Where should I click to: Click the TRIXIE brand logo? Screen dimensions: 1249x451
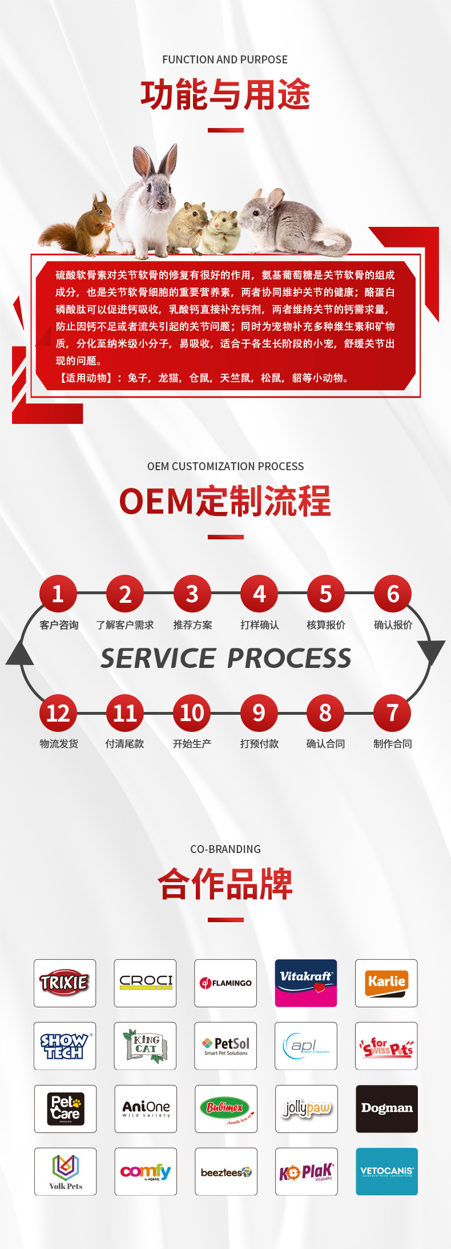pos(65,983)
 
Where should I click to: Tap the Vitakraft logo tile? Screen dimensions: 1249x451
pos(306,983)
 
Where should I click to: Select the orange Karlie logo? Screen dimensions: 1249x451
pos(386,983)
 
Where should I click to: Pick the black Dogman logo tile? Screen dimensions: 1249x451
pos(386,1108)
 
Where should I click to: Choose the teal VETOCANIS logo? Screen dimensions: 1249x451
pos(386,1171)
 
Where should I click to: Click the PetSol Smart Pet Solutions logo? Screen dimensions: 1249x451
pos(226,1046)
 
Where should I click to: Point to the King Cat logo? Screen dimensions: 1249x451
pos(145,1046)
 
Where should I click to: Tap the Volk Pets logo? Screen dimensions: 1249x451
pos(65,1171)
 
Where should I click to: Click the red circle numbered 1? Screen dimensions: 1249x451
pos(58,594)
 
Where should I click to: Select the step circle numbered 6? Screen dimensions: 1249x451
pos(393,594)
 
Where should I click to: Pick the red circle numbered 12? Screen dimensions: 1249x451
pos(58,713)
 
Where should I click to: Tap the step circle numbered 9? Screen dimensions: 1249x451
pos(259,713)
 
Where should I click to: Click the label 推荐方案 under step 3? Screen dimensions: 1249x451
pos(192,625)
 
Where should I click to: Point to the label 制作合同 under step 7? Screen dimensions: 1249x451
pos(393,744)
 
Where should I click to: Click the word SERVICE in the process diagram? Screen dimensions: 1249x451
pos(158,658)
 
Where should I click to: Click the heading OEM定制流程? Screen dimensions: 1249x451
pos(225,501)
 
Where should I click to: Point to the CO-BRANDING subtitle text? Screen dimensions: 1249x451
pos(225,849)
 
